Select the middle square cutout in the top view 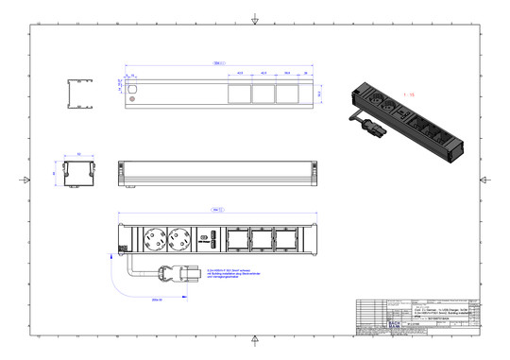[x=263, y=94]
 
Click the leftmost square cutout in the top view [x=237, y=94]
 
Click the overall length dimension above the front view [x=217, y=208]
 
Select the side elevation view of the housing [x=217, y=174]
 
